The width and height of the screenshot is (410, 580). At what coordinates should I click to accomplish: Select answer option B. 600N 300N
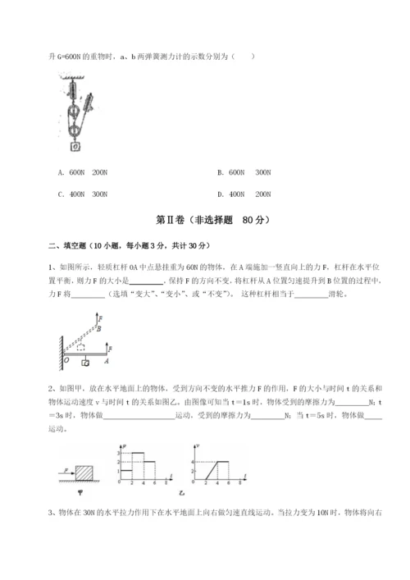(x=244, y=173)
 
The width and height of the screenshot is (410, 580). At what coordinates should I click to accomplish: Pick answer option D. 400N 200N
(x=244, y=194)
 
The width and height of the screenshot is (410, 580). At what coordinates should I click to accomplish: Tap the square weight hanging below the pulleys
(x=75, y=148)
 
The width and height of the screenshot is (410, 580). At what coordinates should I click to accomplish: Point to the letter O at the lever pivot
(x=66, y=359)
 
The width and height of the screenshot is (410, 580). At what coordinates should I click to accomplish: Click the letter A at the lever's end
(x=108, y=359)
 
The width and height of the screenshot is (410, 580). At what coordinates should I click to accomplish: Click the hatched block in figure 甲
(x=85, y=473)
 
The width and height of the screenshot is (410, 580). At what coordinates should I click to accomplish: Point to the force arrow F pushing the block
(x=66, y=472)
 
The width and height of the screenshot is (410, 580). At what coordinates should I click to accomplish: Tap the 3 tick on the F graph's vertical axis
(x=120, y=453)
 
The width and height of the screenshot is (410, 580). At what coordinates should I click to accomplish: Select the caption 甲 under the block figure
(x=79, y=493)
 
